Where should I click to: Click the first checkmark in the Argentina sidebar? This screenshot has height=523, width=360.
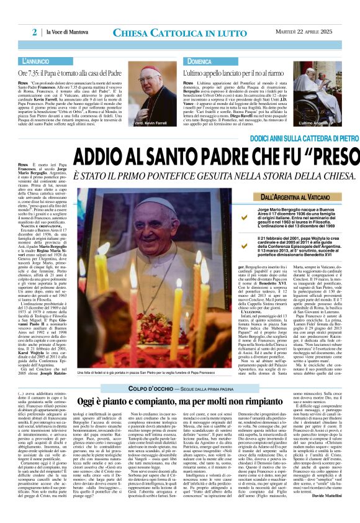(227, 218)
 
